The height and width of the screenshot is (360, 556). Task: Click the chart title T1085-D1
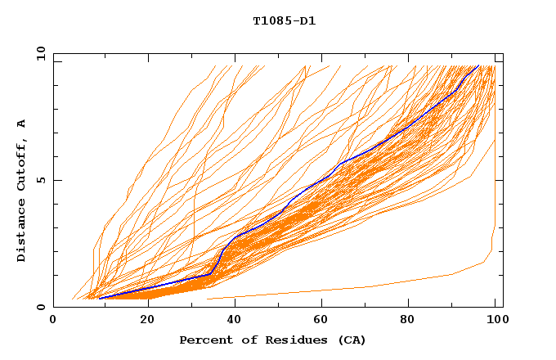click(x=285, y=20)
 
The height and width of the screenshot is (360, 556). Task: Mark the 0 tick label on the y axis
click(x=40, y=308)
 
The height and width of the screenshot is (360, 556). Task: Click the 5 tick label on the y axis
click(x=40, y=181)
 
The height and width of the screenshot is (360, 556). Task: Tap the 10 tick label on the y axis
click(x=38, y=54)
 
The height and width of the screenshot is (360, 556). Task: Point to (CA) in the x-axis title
click(x=350, y=340)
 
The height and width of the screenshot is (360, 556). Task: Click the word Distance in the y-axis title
click(x=22, y=230)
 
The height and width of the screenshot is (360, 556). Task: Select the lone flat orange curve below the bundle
click(x=368, y=287)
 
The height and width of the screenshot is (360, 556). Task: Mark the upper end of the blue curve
click(x=478, y=65)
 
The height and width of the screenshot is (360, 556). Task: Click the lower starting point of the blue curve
click(x=99, y=298)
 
